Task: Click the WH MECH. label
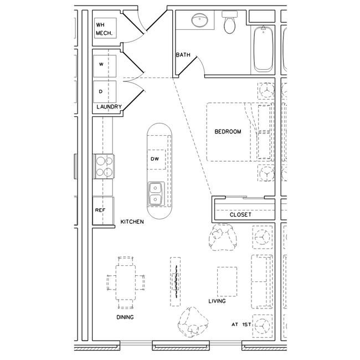tap(104, 29)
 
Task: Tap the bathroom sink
tap(199, 22)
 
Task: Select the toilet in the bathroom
tap(229, 23)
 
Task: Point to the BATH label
tap(183, 55)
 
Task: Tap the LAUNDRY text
tap(109, 107)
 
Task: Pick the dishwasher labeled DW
tap(156, 160)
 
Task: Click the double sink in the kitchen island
tap(156, 193)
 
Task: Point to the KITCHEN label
tap(132, 222)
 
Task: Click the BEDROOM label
tap(228, 132)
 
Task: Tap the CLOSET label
tap(240, 214)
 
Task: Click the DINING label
tap(125, 317)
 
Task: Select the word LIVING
tap(217, 301)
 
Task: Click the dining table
tap(126, 281)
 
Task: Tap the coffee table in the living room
tap(227, 281)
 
